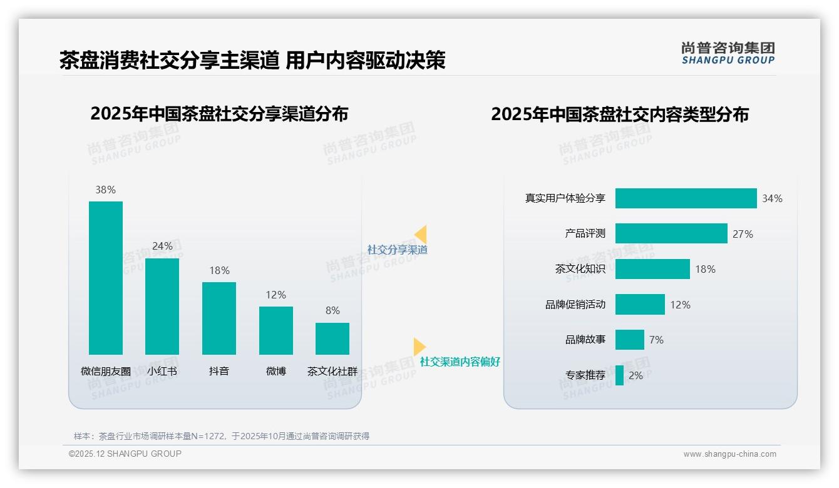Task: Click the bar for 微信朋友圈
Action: [x=106, y=278]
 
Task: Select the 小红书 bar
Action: [x=162, y=307]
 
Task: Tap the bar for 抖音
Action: [x=219, y=318]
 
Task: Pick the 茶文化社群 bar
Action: [x=332, y=338]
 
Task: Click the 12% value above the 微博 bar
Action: [x=275, y=295]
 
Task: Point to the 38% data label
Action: [x=105, y=190]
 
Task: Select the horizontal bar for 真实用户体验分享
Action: [x=686, y=198]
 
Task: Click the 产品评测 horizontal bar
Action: [x=671, y=233]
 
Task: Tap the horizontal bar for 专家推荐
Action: [x=619, y=375]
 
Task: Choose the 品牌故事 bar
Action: [x=629, y=340]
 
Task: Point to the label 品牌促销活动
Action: [x=575, y=305]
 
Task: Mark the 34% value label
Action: [x=772, y=198]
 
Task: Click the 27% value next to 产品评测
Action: [x=743, y=234]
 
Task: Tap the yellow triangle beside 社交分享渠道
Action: [x=421, y=235]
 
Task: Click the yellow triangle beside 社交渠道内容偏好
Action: [x=419, y=347]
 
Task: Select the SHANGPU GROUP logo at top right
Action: [x=728, y=53]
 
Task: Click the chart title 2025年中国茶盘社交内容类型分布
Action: [x=619, y=114]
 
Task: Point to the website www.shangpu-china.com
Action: [x=729, y=454]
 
